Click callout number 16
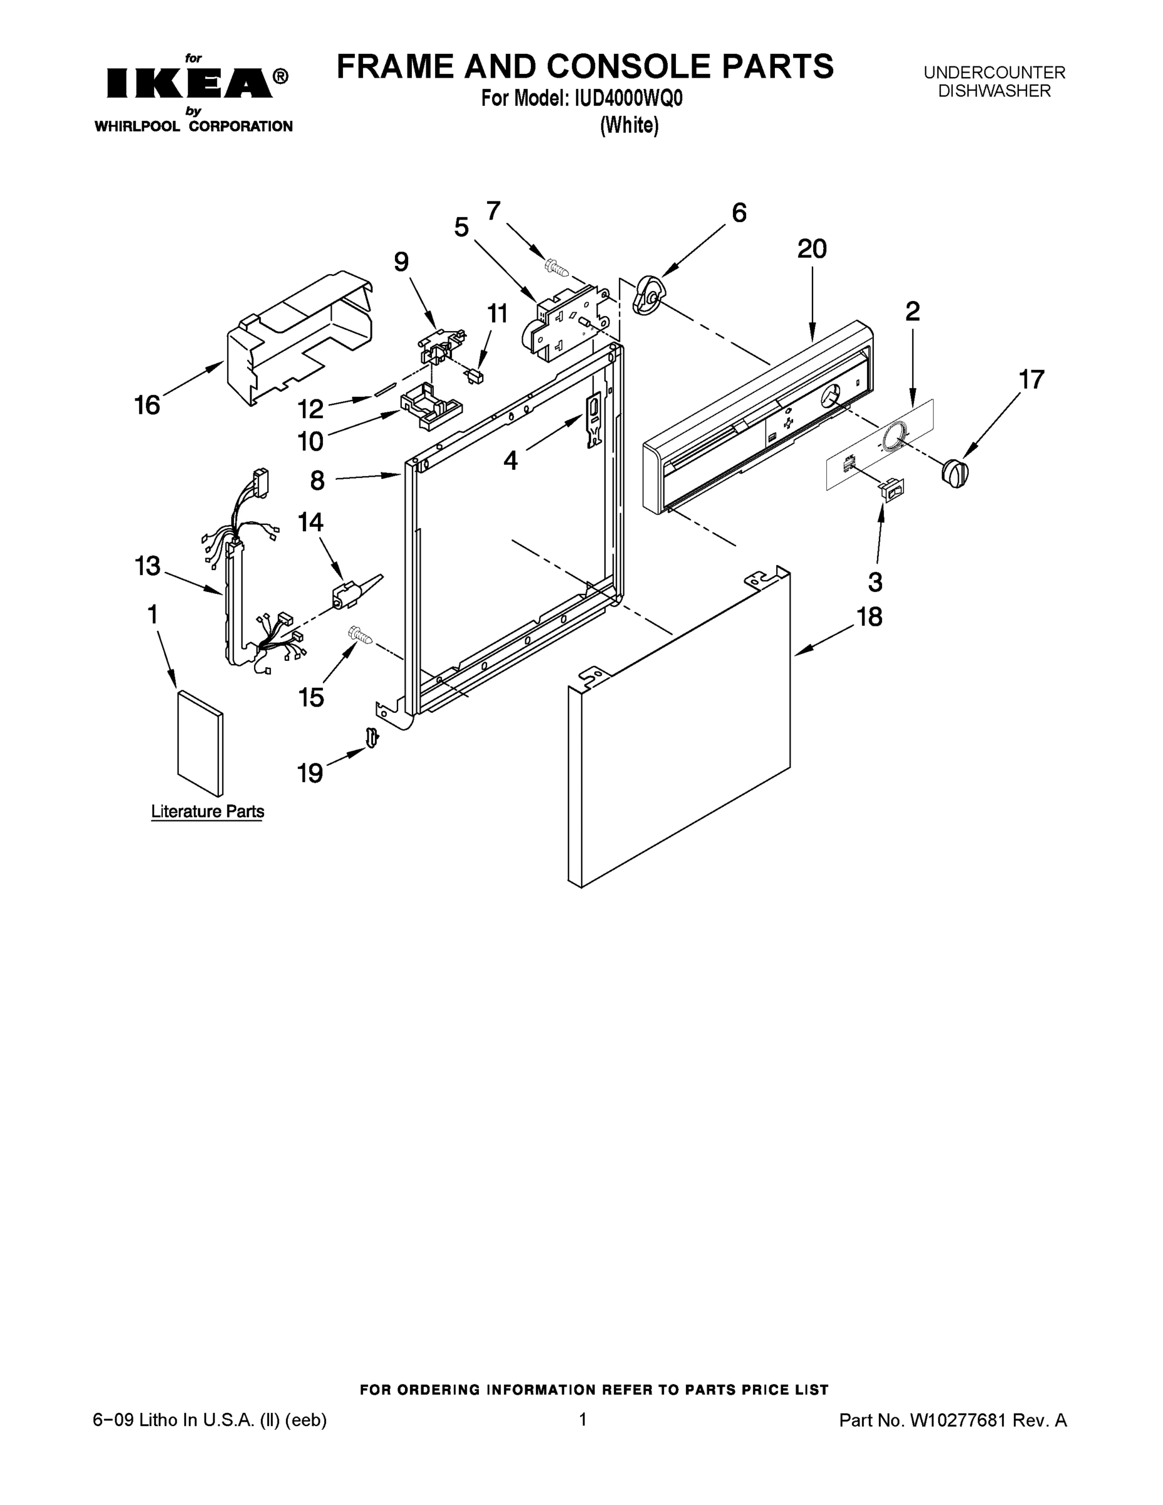[147, 405]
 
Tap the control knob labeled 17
[954, 473]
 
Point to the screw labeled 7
[556, 266]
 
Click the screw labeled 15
[360, 635]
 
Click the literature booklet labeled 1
[200, 743]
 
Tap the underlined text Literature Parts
[208, 811]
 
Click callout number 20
[812, 249]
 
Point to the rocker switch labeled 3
[891, 488]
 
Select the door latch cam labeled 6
[648, 295]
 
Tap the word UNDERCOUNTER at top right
[994, 72]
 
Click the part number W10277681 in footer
[959, 1420]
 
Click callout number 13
[147, 566]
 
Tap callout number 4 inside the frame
[510, 460]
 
